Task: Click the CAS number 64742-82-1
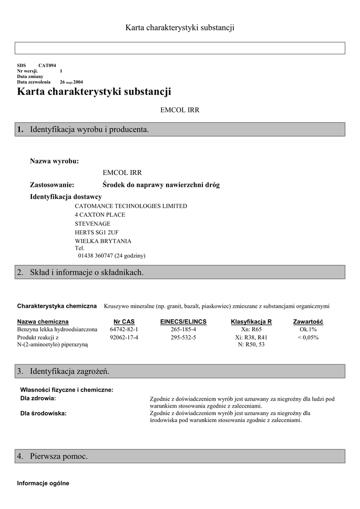(x=124, y=330)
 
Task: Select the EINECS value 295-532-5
(x=183, y=338)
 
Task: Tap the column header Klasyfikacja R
(x=252, y=322)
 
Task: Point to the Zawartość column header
(x=308, y=322)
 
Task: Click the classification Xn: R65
(x=251, y=330)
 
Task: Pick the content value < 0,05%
(x=308, y=338)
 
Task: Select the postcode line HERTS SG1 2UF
(x=97, y=232)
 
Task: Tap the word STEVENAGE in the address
(x=92, y=224)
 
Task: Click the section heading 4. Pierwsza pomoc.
(x=59, y=456)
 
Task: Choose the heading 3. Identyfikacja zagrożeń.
(x=70, y=371)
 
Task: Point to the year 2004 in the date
(x=78, y=82)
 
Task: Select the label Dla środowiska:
(x=43, y=413)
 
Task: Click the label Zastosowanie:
(x=52, y=185)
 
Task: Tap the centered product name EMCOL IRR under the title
(x=180, y=110)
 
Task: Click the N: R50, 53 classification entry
(x=251, y=344)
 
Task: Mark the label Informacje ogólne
(x=43, y=483)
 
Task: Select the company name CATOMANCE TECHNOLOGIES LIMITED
(x=131, y=206)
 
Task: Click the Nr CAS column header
(x=124, y=322)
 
